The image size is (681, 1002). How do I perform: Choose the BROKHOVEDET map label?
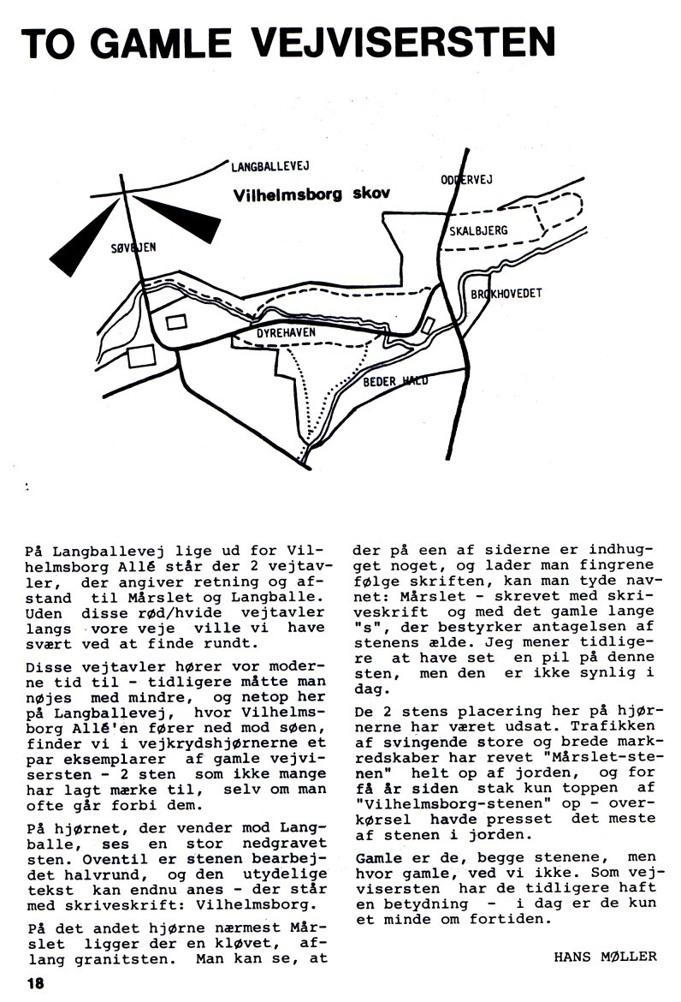pyautogui.click(x=506, y=294)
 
